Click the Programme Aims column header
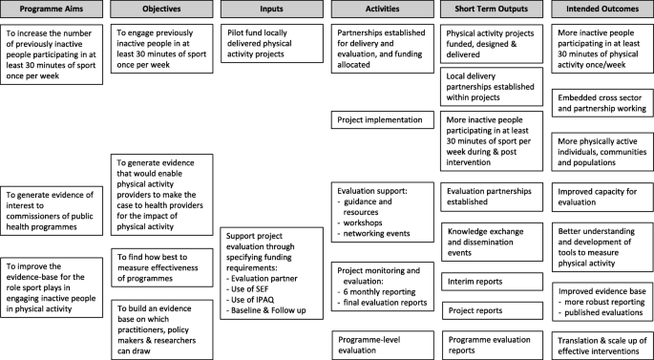(52, 10)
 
